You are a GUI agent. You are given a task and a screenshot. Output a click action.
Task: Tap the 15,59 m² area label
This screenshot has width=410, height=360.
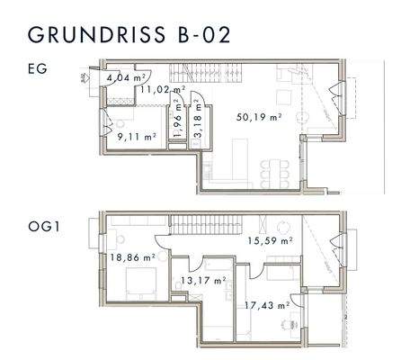click(x=269, y=241)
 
